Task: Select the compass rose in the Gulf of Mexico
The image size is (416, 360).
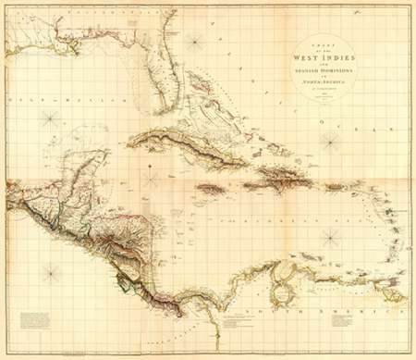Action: click(x=52, y=118)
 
